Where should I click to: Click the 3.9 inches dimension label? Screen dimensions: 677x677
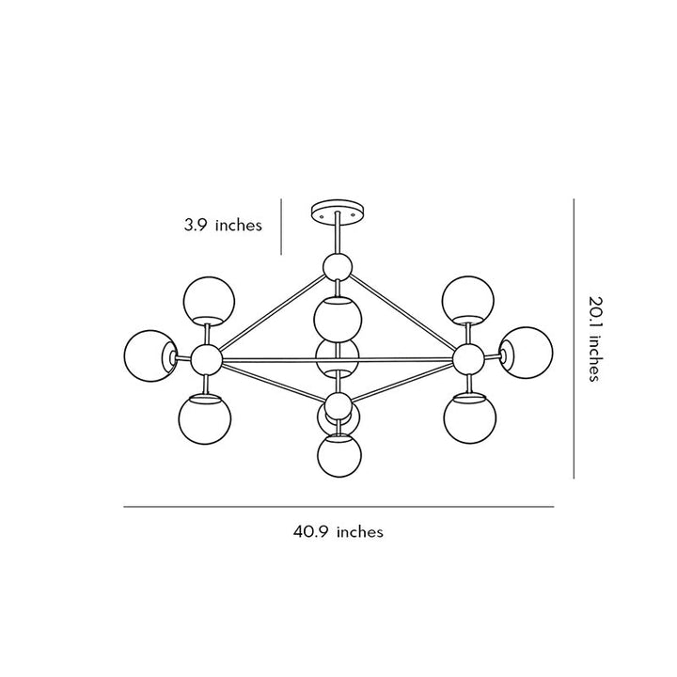(223, 226)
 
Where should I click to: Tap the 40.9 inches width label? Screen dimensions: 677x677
(338, 531)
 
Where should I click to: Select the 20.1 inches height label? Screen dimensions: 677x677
(595, 338)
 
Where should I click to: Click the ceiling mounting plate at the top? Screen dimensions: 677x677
(338, 211)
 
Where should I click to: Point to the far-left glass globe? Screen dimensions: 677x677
(150, 356)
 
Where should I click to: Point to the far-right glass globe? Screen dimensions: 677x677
(527, 353)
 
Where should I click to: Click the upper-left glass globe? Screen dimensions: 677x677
(209, 301)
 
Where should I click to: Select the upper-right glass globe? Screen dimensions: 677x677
(468, 300)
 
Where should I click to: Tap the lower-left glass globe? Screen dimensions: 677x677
(205, 418)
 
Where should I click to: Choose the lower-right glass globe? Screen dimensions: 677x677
(470, 417)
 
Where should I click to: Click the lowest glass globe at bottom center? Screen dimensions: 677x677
(339, 455)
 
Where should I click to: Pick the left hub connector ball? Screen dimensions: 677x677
(206, 359)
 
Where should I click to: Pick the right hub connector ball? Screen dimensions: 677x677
(468, 358)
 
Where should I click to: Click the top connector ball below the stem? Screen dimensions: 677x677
(338, 267)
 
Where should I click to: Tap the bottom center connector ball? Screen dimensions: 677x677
(338, 406)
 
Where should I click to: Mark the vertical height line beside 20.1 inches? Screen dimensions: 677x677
(574, 338)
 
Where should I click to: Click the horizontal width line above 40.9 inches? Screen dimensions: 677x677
(338, 507)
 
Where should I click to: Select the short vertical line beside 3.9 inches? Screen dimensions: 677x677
(281, 227)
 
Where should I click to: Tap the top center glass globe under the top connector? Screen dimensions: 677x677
(338, 319)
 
